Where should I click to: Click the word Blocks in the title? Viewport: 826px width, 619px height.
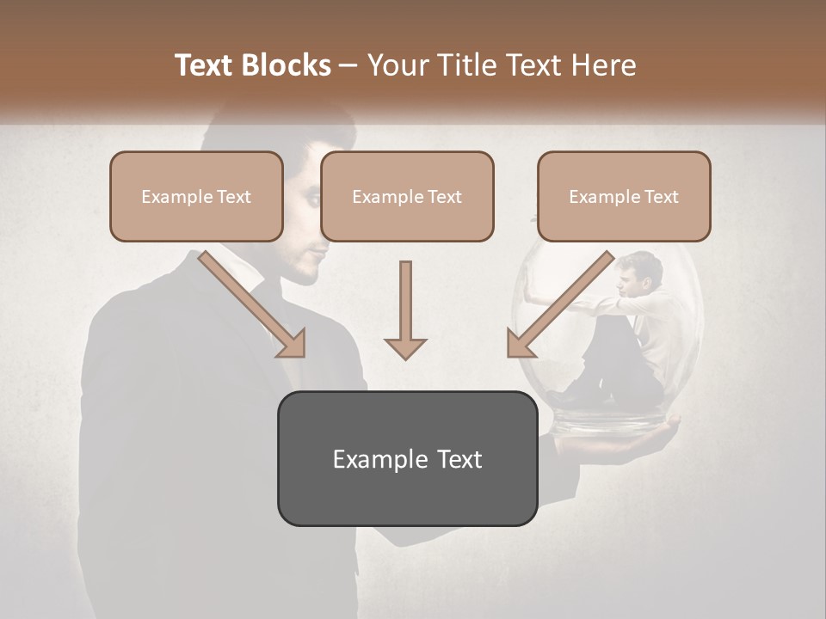(286, 65)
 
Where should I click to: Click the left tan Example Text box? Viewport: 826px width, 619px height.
(196, 197)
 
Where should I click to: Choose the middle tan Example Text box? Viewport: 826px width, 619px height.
(407, 197)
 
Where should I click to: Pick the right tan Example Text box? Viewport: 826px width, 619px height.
(624, 197)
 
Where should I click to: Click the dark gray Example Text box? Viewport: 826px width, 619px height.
(407, 458)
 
